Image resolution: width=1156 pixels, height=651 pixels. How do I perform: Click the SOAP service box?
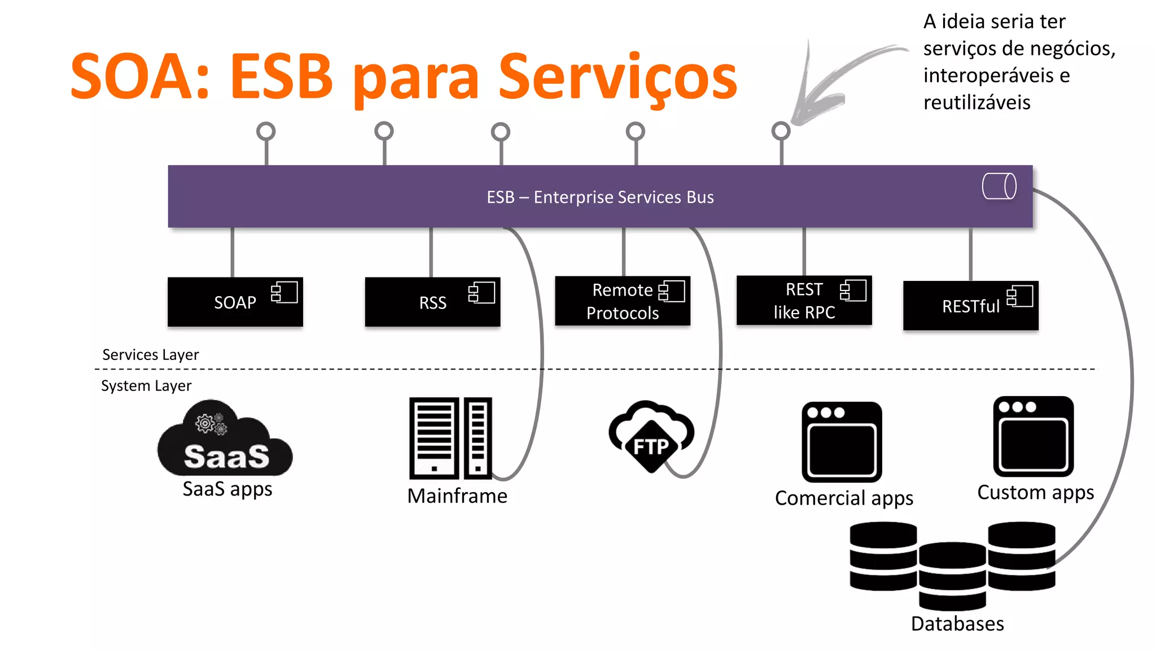[235, 302]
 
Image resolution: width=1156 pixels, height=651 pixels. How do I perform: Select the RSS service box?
[432, 302]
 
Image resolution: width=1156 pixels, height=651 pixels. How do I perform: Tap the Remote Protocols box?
[622, 301]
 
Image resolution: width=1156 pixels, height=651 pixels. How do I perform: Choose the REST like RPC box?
[804, 301]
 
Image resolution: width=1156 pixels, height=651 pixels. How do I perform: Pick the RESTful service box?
[970, 306]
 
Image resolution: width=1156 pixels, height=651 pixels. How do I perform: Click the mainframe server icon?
[450, 438]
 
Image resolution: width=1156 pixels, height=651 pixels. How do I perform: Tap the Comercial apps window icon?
[842, 442]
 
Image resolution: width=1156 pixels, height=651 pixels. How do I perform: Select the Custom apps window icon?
[1033, 436]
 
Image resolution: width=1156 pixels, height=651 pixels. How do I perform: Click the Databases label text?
[957, 624]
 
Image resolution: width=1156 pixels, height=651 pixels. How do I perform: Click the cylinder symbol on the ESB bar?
[999, 186]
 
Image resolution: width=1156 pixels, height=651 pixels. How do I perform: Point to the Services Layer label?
[151, 355]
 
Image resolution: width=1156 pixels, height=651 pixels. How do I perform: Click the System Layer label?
[146, 386]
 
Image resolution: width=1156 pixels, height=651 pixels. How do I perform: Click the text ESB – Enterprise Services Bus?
[600, 197]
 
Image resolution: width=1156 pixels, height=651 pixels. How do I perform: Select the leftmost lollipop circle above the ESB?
[266, 132]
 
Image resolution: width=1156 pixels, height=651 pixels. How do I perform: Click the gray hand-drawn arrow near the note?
[830, 85]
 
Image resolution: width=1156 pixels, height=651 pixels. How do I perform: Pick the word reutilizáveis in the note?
[977, 103]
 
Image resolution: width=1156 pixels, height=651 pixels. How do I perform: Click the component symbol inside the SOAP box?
[284, 292]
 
